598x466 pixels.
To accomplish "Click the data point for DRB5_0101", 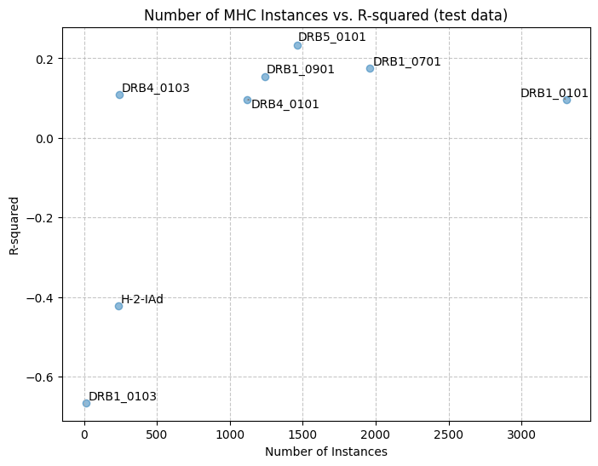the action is pyautogui.click(x=297, y=46).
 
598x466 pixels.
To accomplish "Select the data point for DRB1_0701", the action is pyautogui.click(x=370, y=69).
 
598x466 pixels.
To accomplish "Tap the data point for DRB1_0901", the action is pyautogui.click(x=265, y=77).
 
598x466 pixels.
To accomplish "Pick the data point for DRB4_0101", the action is pyautogui.click(x=247, y=100).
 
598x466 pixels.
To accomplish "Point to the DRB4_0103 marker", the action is pyautogui.click(x=119, y=95).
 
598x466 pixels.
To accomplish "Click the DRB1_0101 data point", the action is pyautogui.click(x=566, y=100).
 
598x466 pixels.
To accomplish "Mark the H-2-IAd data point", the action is pyautogui.click(x=118, y=306).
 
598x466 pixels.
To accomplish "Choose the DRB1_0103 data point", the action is pyautogui.click(x=86, y=403).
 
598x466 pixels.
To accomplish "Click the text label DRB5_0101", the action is pyautogui.click(x=332, y=37).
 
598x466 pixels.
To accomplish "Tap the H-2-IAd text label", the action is pyautogui.click(x=142, y=299).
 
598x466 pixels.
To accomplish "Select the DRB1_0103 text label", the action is pyautogui.click(x=123, y=397).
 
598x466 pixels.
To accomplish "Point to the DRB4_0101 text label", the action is pyautogui.click(x=285, y=104).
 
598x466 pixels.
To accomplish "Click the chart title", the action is pyautogui.click(x=326, y=15).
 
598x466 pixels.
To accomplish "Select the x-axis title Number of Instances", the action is pyautogui.click(x=326, y=452).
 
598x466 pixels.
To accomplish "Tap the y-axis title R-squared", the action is pyautogui.click(x=14, y=226).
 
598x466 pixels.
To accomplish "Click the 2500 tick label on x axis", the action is pyautogui.click(x=449, y=434).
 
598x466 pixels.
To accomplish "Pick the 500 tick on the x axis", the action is pyautogui.click(x=157, y=434).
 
